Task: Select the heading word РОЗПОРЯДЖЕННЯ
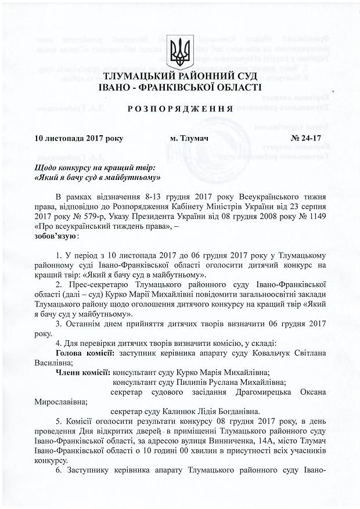point(179,109)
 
